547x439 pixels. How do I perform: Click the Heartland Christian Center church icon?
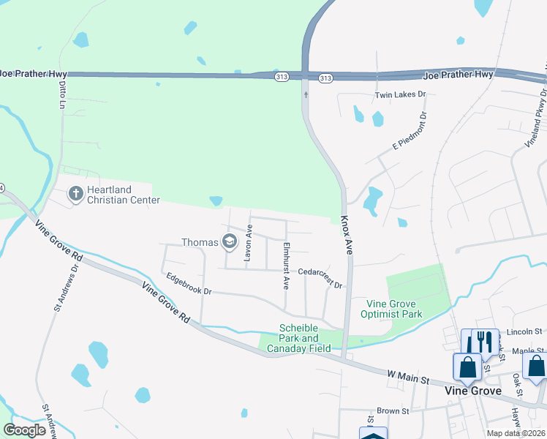click(75, 194)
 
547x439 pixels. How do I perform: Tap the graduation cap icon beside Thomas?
click(230, 242)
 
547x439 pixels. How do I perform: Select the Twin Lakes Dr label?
click(400, 95)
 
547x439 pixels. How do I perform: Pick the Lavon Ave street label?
click(249, 244)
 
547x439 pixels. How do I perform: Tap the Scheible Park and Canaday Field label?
click(298, 339)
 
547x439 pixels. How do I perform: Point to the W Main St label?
click(409, 377)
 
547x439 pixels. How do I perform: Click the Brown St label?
click(393, 411)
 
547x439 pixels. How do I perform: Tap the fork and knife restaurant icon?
click(483, 342)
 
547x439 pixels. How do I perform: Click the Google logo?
click(24, 430)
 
